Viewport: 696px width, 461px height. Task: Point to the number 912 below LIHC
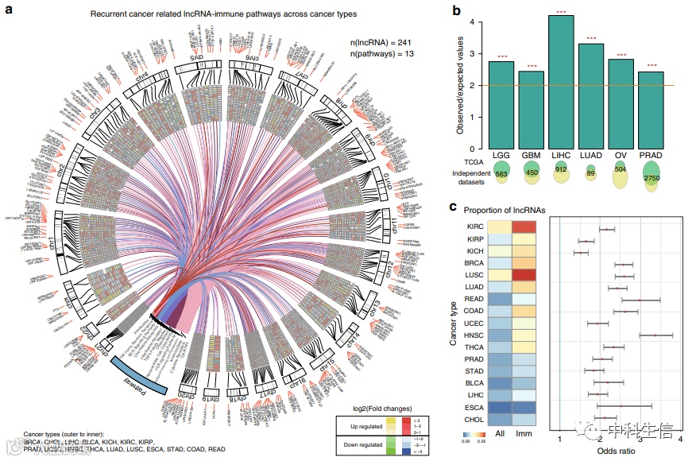pos(561,169)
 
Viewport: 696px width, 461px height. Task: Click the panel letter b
pos(456,11)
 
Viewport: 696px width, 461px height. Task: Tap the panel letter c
pos(453,208)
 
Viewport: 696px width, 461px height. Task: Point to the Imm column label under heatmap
pos(524,433)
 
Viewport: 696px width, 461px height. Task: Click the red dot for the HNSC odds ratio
pos(655,335)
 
